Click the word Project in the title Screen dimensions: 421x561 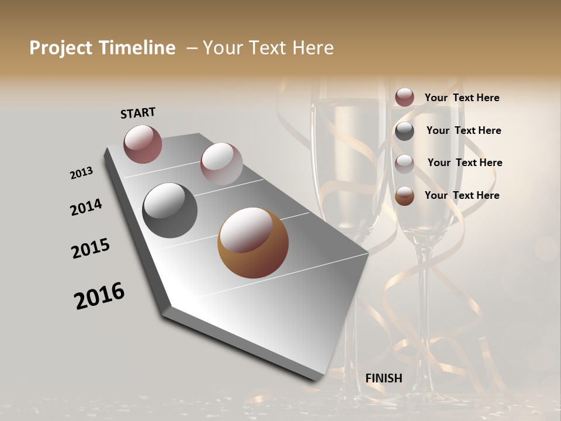pyautogui.click(x=60, y=49)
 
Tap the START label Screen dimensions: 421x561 pyautogui.click(x=138, y=113)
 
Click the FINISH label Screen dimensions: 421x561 pyautogui.click(x=383, y=378)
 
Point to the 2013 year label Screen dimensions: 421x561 pyautogui.click(x=81, y=173)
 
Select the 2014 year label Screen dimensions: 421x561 pyautogui.click(x=86, y=207)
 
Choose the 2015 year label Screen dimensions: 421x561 pyautogui.click(x=91, y=249)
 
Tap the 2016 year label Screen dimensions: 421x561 pyautogui.click(x=99, y=296)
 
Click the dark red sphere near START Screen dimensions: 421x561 pyautogui.click(x=143, y=143)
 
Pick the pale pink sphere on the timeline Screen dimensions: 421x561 pyautogui.click(x=221, y=163)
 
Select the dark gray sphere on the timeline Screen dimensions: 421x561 pyautogui.click(x=169, y=210)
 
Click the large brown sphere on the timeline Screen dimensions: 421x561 pyautogui.click(x=253, y=243)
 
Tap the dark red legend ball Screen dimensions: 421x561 pyautogui.click(x=404, y=97)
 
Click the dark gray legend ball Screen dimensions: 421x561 pyautogui.click(x=404, y=130)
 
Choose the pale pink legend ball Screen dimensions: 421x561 pyautogui.click(x=404, y=163)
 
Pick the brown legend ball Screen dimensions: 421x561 pyautogui.click(x=404, y=196)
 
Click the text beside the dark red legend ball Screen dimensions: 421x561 pyautogui.click(x=462, y=98)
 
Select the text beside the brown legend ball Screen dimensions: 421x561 pyautogui.click(x=462, y=195)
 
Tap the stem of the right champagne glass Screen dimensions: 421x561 pyautogui.click(x=420, y=304)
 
